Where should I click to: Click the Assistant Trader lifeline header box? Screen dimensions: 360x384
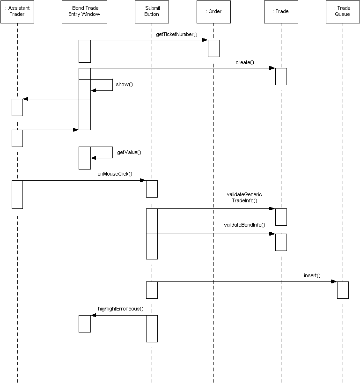pyautogui.click(x=17, y=12)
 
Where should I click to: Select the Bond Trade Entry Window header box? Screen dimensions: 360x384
pyautogui.click(x=84, y=12)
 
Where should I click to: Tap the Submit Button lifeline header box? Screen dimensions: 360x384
pyautogui.click(x=152, y=12)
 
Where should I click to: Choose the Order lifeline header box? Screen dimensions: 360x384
pyautogui.click(x=213, y=12)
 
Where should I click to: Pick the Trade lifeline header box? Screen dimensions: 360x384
pyautogui.click(x=281, y=12)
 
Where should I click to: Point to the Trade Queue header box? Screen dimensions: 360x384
pyautogui.click(x=343, y=12)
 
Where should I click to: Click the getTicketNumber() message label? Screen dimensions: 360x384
pyautogui.click(x=176, y=34)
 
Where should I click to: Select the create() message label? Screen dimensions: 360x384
pyautogui.click(x=245, y=62)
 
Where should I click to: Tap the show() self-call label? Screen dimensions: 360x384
pyautogui.click(x=124, y=84)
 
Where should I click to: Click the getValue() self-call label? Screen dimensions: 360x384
pyautogui.click(x=129, y=152)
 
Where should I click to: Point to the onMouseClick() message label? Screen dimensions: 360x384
pyautogui.click(x=115, y=174)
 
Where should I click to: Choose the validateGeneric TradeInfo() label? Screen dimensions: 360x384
pyautogui.click(x=244, y=198)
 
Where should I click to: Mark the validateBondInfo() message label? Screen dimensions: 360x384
pyautogui.click(x=244, y=225)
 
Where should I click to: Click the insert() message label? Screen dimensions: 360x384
pyautogui.click(x=312, y=275)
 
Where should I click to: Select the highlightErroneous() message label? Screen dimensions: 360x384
pyautogui.click(x=121, y=309)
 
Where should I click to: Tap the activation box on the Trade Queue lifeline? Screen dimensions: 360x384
pyautogui.click(x=343, y=290)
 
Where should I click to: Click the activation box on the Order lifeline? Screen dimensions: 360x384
pyautogui.click(x=213, y=48)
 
